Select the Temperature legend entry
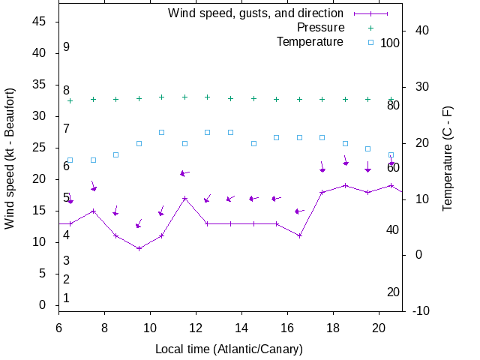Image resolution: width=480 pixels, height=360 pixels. [x=310, y=42]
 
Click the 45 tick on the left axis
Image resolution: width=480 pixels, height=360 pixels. [x=40, y=22]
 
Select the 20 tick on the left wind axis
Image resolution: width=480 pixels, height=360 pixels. [x=40, y=179]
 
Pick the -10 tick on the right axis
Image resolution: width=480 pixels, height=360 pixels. [x=421, y=311]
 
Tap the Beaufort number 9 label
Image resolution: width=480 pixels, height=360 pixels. [x=66, y=47]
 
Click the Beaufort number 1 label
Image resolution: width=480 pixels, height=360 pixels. [x=66, y=298]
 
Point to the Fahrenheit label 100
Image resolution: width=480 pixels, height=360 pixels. [x=390, y=43]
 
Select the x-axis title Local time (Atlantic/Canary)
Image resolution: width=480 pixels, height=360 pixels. [x=229, y=349]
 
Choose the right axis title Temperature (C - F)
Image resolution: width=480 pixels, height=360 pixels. [x=448, y=158]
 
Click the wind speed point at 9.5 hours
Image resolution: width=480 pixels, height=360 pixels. [x=139, y=248]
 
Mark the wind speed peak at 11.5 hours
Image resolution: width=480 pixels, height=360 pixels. [x=184, y=198]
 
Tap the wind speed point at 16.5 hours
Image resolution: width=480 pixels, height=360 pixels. [x=299, y=235]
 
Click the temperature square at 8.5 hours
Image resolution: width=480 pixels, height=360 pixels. [x=115, y=154]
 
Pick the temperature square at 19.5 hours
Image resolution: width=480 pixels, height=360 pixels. [x=367, y=148]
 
